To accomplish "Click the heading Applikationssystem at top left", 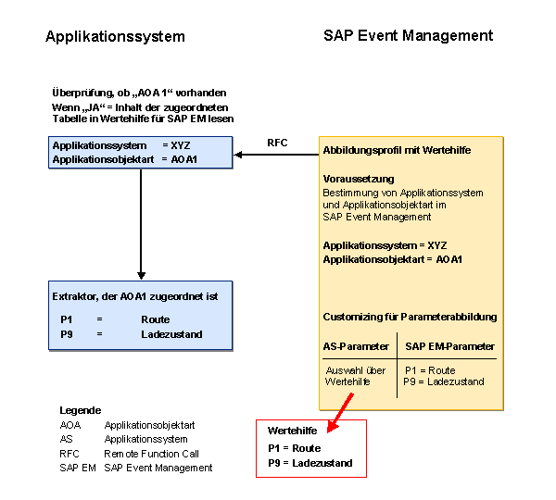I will click(x=115, y=37).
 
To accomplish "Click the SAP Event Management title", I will click(x=408, y=36).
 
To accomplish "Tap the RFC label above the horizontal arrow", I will click(x=277, y=143).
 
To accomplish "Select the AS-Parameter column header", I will click(x=355, y=346).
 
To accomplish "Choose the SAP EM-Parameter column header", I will click(x=450, y=346).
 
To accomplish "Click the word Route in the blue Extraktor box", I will click(x=155, y=319).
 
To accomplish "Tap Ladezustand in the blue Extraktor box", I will click(x=171, y=334).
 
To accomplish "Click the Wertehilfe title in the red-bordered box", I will click(x=293, y=431).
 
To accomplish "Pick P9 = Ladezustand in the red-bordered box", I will click(x=310, y=463).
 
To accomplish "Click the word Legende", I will click(x=81, y=410).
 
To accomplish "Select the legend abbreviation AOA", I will click(x=70, y=425).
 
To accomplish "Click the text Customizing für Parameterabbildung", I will click(x=410, y=317).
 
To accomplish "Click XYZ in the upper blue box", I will click(x=183, y=146).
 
